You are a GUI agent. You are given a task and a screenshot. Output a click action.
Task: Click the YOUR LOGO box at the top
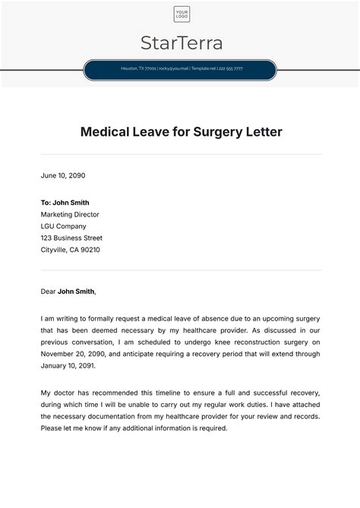click(x=181, y=14)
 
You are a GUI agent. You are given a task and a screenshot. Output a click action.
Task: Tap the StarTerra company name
click(x=181, y=43)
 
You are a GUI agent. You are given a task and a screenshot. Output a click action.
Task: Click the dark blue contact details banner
click(x=181, y=69)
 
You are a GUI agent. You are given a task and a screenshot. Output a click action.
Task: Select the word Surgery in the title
click(x=215, y=132)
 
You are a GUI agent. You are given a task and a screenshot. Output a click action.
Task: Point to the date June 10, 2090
click(x=63, y=175)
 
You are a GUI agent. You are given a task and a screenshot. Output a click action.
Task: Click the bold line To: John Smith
click(x=65, y=203)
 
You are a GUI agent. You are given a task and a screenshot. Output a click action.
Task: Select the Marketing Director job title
click(x=70, y=214)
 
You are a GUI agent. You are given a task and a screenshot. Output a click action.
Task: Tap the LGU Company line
click(x=65, y=226)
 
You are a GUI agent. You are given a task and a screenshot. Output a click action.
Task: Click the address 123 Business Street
click(x=71, y=238)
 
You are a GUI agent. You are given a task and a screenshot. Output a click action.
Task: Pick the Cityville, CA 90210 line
click(x=71, y=250)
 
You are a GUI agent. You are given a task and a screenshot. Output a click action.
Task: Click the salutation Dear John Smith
click(x=68, y=291)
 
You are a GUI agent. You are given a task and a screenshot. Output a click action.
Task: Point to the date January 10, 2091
click(x=68, y=365)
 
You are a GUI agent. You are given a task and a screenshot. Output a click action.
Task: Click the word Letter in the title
click(x=263, y=132)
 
